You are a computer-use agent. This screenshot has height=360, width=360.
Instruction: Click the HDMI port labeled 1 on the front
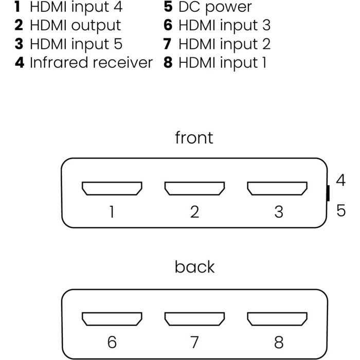point(112,189)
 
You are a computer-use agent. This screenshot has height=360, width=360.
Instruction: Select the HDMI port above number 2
point(194,189)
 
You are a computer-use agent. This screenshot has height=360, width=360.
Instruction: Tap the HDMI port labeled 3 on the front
point(278,189)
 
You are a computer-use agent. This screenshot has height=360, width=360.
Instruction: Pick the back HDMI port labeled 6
point(112,319)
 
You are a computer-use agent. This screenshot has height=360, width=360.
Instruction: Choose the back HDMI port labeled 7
point(194,319)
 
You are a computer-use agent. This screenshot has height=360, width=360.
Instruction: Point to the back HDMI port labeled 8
point(278,319)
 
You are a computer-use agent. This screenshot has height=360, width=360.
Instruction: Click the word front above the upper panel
point(194,138)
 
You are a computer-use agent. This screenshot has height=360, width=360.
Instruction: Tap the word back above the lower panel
point(194,267)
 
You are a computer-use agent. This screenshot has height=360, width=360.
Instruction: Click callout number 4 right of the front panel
point(340,181)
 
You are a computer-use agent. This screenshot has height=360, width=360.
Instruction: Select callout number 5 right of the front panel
point(341,210)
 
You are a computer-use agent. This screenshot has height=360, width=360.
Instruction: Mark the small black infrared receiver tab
point(328,193)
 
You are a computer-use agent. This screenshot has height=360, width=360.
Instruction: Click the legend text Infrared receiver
point(91,63)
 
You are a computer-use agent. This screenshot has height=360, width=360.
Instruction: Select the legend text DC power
point(215,7)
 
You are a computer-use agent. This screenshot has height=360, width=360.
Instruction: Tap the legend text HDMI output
point(75,25)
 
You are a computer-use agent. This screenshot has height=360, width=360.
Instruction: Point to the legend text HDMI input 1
point(223,63)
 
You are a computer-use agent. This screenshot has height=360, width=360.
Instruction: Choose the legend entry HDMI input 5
point(76,44)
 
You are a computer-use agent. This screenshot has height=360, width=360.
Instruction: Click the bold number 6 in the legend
point(168,25)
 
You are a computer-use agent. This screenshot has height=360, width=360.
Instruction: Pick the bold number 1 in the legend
point(19,7)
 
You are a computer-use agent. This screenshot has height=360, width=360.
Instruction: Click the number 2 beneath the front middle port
point(194,211)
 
